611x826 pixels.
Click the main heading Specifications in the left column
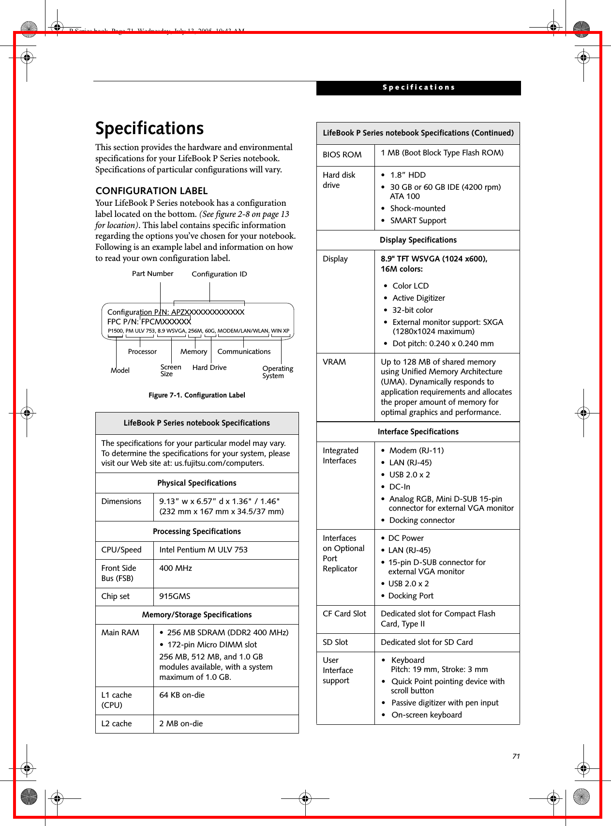(149, 128)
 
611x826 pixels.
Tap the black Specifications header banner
(418, 88)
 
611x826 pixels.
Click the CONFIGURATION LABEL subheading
(151, 191)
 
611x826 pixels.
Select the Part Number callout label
(152, 274)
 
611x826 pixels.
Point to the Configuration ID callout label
(219, 274)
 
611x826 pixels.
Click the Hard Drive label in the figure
(209, 367)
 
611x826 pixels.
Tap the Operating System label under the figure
(277, 372)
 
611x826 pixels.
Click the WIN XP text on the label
(280, 331)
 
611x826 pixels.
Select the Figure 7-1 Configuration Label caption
(196, 395)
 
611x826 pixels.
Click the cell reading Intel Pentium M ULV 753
(203, 550)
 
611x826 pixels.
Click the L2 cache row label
(117, 724)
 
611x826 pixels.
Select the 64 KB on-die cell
(182, 695)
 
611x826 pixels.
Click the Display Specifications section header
(418, 240)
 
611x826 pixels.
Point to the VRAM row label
(334, 362)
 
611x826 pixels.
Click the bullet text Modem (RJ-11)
(416, 450)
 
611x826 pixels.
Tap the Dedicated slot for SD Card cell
(427, 642)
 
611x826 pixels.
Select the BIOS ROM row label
(342, 155)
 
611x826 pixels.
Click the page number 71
(516, 756)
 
